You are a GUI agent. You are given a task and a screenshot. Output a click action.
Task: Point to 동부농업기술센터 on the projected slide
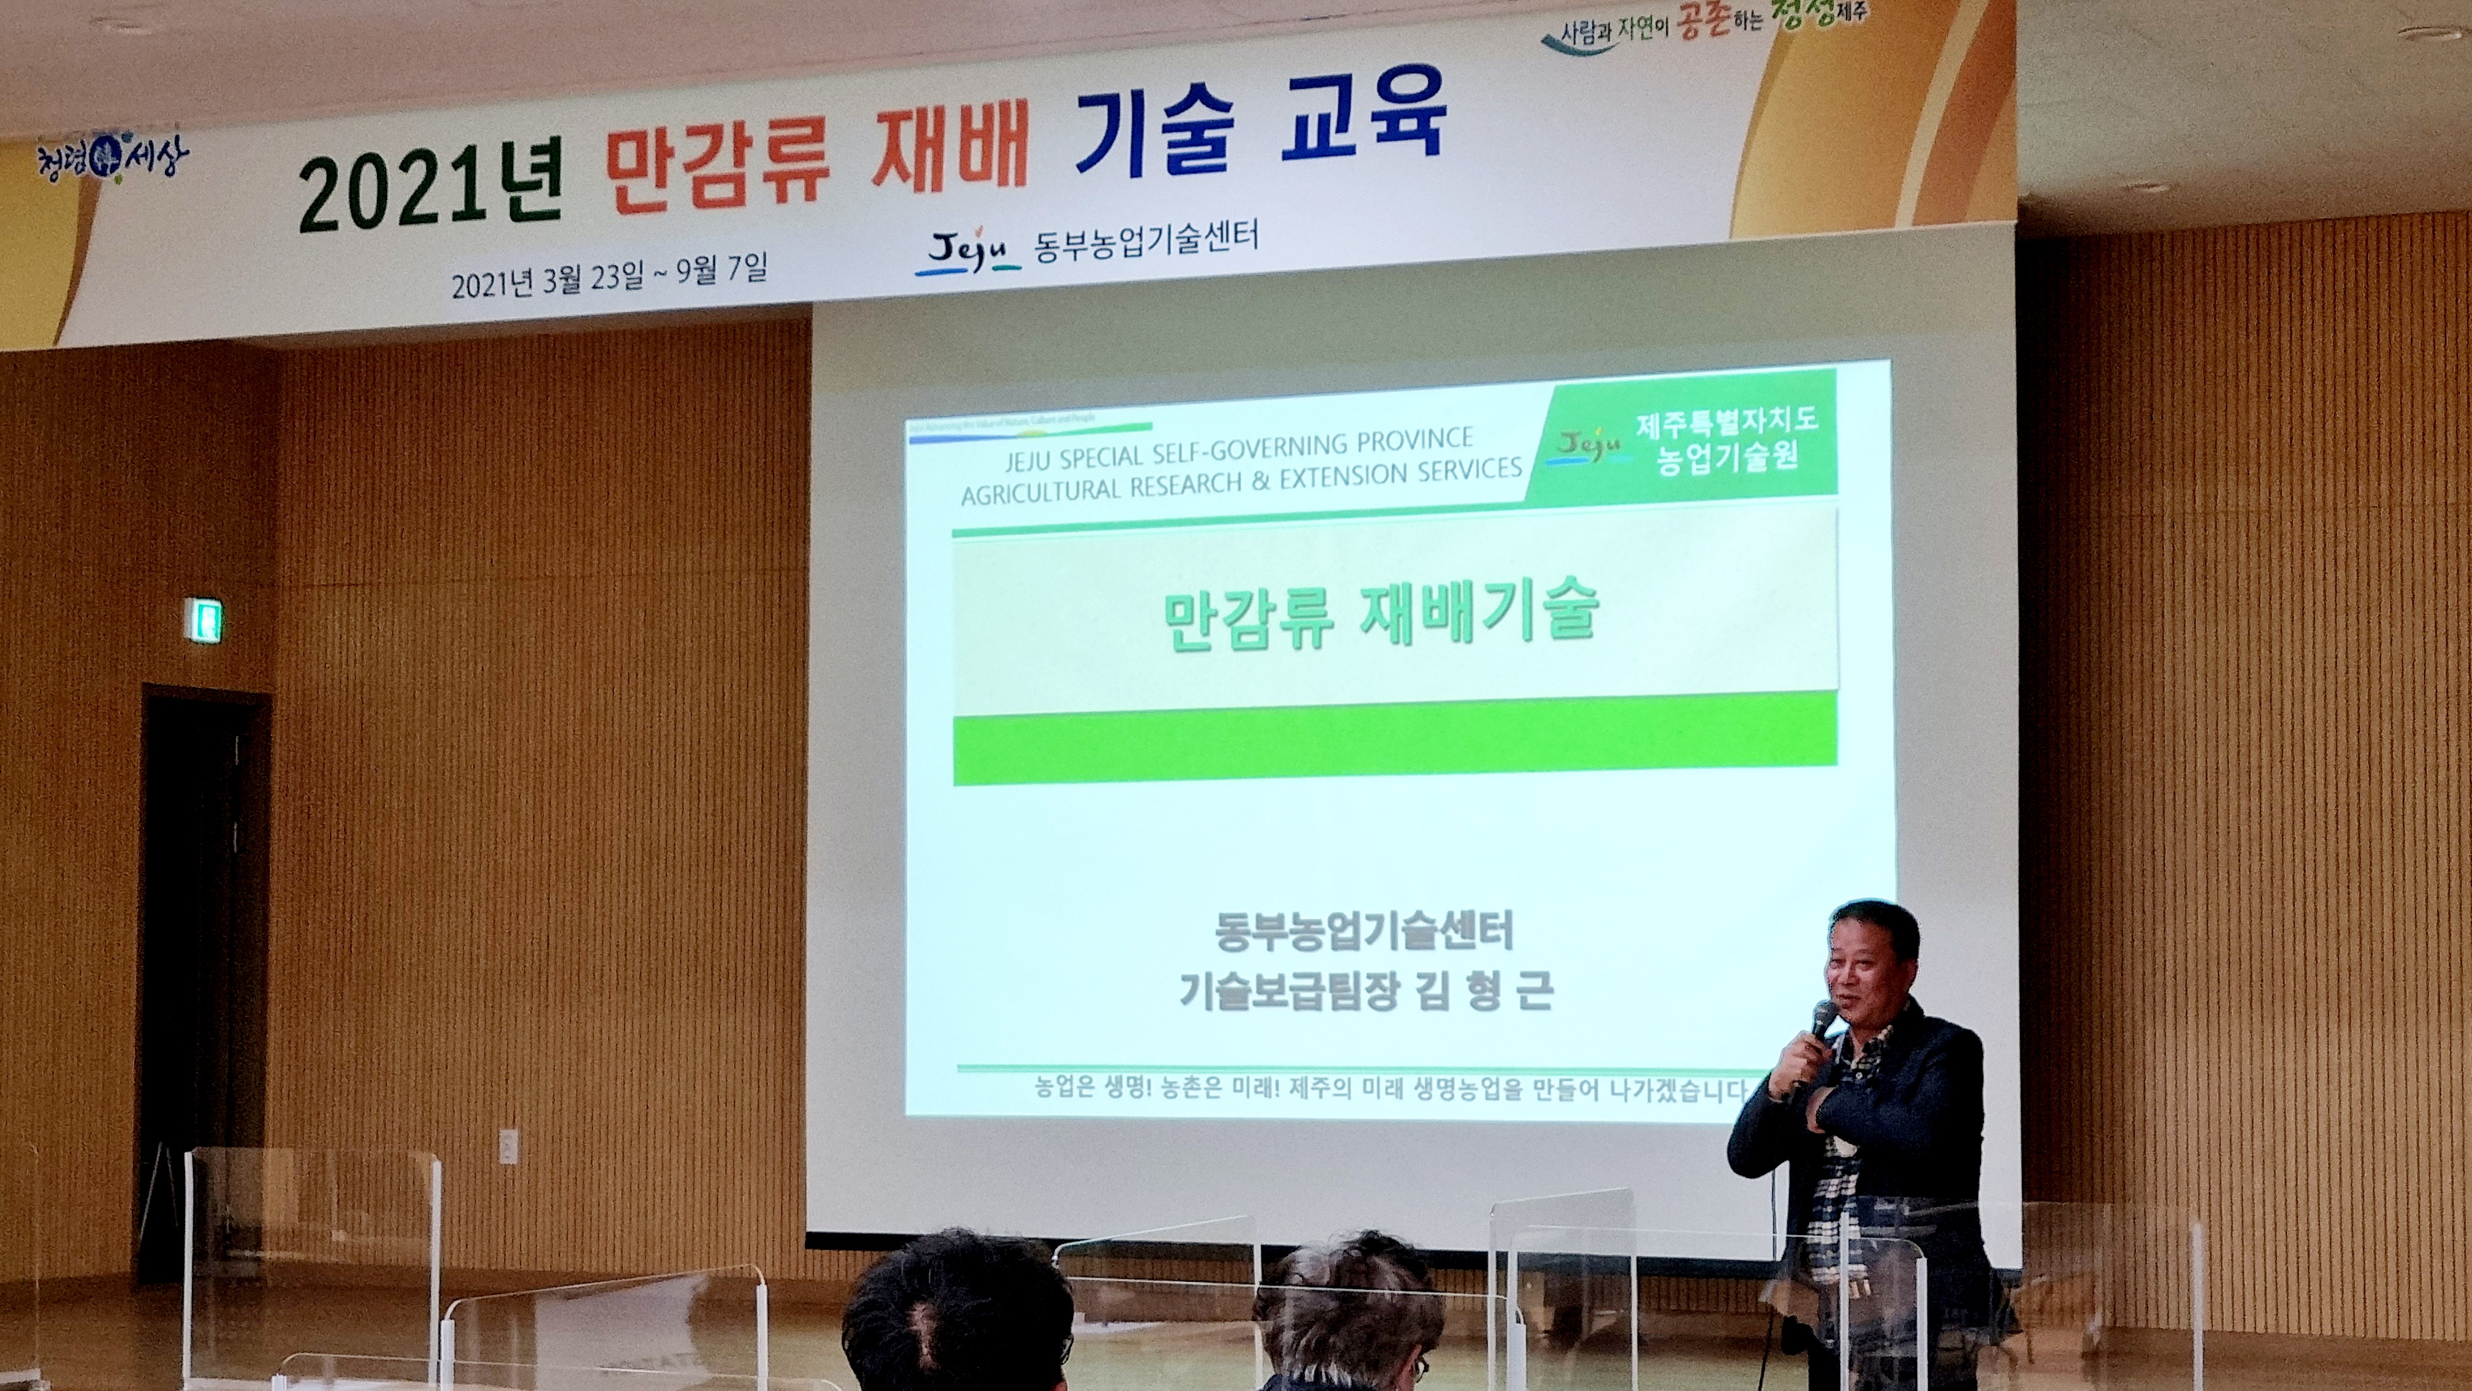tap(1363, 930)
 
